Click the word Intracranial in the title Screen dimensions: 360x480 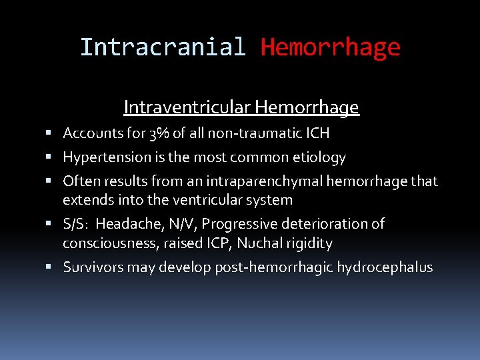(x=163, y=47)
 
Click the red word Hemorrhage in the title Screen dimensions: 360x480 (x=330, y=47)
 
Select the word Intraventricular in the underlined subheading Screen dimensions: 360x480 (x=187, y=107)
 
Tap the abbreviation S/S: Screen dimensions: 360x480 (x=76, y=224)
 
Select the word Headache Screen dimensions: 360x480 (x=125, y=224)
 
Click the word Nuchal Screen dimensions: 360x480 (x=251, y=243)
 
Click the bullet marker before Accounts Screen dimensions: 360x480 (x=52, y=134)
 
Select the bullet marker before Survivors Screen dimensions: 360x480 (x=52, y=268)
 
